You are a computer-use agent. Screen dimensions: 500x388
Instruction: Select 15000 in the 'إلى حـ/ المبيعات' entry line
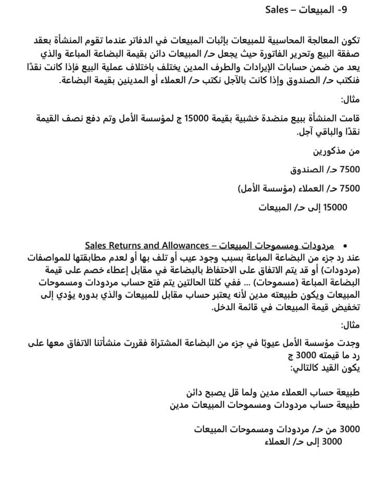(335, 207)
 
